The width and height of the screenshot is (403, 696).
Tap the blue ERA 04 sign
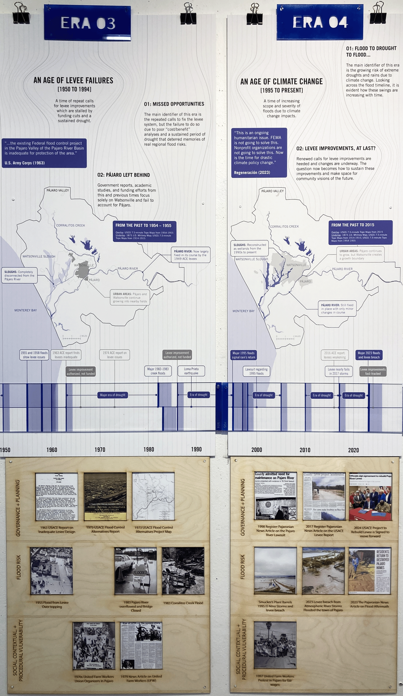320,22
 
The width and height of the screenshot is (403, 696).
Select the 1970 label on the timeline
100,450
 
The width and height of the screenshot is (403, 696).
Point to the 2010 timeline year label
305,450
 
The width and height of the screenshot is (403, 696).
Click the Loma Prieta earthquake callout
191,371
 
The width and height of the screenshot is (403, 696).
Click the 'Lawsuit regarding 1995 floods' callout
256,371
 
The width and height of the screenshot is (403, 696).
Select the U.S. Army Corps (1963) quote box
44,153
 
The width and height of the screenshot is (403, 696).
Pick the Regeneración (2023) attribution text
252,172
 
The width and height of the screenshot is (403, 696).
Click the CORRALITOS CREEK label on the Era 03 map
71,225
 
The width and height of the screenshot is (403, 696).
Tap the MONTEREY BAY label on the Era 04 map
243,311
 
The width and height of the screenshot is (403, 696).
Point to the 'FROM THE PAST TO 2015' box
360,232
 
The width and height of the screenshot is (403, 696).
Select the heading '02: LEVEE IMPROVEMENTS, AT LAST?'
336,148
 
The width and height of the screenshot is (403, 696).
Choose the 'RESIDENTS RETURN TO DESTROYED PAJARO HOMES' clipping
370,571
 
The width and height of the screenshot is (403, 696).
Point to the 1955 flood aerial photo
51,571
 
